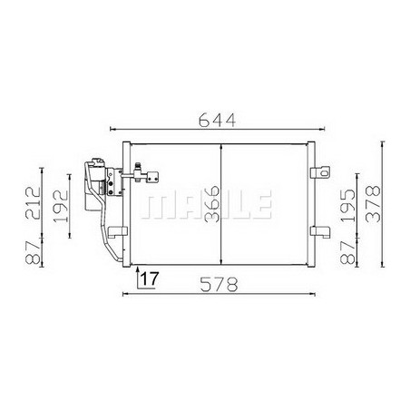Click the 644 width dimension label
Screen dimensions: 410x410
click(217, 120)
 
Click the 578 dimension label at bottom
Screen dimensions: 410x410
click(219, 285)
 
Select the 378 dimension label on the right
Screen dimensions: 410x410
click(373, 204)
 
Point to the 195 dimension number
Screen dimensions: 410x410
click(347, 206)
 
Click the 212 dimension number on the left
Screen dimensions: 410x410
click(33, 203)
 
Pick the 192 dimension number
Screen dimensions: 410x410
click(61, 206)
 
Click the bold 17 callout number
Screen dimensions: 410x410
click(150, 278)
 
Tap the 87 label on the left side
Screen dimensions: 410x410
click(33, 252)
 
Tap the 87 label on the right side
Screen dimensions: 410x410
click(347, 252)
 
